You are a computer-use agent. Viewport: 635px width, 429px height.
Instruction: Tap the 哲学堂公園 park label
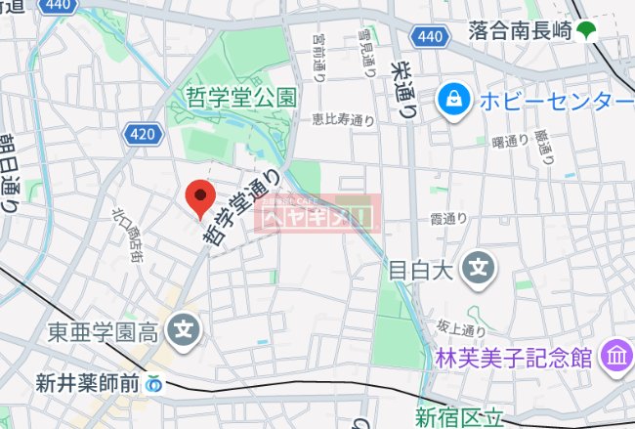240,96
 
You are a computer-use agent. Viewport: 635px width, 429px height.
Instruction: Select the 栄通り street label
402,85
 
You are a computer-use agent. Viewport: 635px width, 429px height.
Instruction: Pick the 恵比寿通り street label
343,120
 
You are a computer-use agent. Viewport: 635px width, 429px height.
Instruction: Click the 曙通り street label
510,142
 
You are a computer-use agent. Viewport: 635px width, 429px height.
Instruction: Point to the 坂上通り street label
454,329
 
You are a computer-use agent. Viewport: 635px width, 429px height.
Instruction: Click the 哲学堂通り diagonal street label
240,212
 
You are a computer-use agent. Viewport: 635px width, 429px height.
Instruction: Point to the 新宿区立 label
459,418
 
